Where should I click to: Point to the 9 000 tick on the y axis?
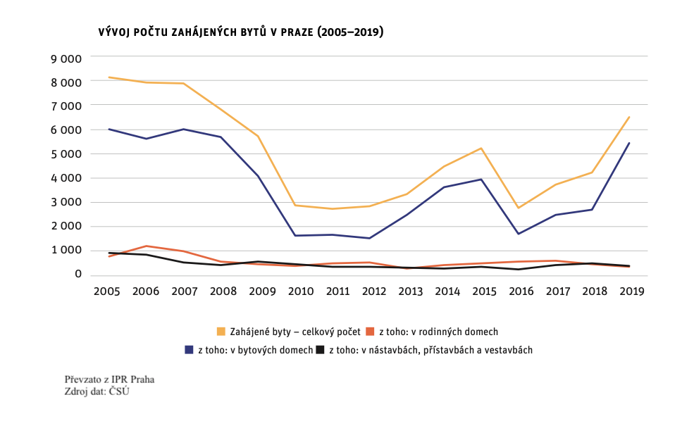point(66,58)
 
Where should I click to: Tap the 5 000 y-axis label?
point(66,153)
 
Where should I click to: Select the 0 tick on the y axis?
point(78,274)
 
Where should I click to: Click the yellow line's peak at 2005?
point(109,77)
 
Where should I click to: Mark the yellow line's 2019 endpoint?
point(629,117)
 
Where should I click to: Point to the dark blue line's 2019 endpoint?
point(629,143)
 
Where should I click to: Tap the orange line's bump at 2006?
point(147,246)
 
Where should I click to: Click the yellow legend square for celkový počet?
point(221,331)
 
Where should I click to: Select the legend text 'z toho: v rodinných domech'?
point(438,331)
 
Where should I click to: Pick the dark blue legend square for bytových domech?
point(189,349)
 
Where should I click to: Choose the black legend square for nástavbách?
point(321,349)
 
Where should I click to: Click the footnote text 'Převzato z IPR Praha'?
point(109,379)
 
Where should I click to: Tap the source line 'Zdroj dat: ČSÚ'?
point(97,391)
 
